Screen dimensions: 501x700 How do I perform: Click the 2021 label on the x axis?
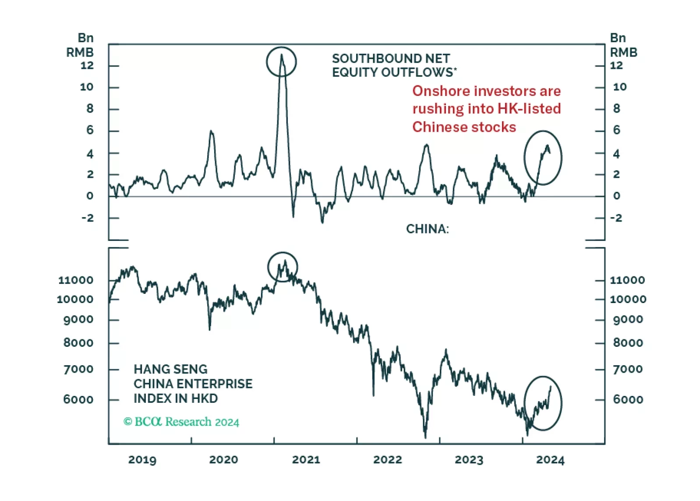pyautogui.click(x=306, y=459)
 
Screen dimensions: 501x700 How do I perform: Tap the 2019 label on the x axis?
pyautogui.click(x=142, y=459)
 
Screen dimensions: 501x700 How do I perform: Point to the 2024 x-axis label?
pyautogui.click(x=550, y=459)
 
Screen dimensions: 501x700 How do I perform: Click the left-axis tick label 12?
pyautogui.click(x=87, y=66)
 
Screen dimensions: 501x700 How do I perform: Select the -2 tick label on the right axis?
pyautogui.click(x=616, y=218)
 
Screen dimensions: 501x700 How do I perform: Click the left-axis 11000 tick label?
pyautogui.click(x=76, y=280)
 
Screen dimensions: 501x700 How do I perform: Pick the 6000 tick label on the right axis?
pyautogui.click(x=628, y=399)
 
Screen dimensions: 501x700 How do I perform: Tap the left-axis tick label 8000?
pyautogui.click(x=78, y=343)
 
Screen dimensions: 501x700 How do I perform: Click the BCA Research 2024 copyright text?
pyautogui.click(x=181, y=422)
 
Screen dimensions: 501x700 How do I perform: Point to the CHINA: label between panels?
pyautogui.click(x=427, y=229)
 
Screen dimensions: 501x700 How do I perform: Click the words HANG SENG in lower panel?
pyautogui.click(x=170, y=369)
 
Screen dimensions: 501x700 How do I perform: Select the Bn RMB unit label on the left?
pyautogui.click(x=80, y=45)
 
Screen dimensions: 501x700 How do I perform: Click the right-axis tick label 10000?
pyautogui.click(x=628, y=300)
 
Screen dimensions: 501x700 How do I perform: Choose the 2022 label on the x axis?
pyautogui.click(x=387, y=459)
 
